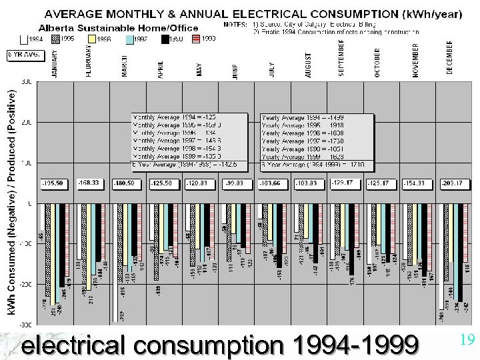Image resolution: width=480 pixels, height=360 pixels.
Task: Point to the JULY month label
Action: point(271,69)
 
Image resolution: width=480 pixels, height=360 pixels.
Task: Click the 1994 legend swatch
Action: point(24,39)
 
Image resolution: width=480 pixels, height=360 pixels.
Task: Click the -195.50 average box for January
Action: point(54,182)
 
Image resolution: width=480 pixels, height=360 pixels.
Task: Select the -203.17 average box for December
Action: point(449,182)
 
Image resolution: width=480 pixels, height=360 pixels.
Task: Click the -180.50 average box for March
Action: point(126,182)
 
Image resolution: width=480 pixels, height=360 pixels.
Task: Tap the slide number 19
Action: point(467,341)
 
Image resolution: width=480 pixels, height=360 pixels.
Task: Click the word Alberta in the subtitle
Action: point(56,28)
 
